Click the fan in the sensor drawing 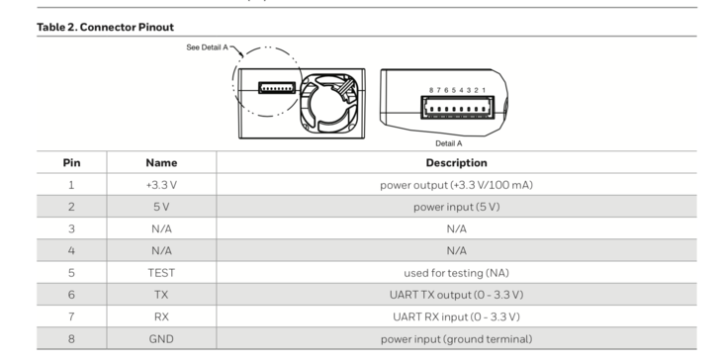click(x=328, y=102)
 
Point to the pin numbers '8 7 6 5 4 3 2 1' click(x=457, y=90)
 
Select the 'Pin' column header click(x=71, y=162)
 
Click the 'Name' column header click(x=161, y=162)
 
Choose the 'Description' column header click(x=456, y=162)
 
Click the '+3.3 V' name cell click(x=161, y=185)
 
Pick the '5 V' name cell click(x=161, y=207)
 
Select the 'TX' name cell click(x=161, y=295)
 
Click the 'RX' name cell click(x=161, y=316)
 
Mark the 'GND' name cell click(x=161, y=339)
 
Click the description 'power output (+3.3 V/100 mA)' click(x=456, y=185)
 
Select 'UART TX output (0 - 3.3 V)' click(x=456, y=295)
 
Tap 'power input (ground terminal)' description click(x=456, y=339)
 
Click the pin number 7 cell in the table click(x=71, y=316)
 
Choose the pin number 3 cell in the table click(x=71, y=228)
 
